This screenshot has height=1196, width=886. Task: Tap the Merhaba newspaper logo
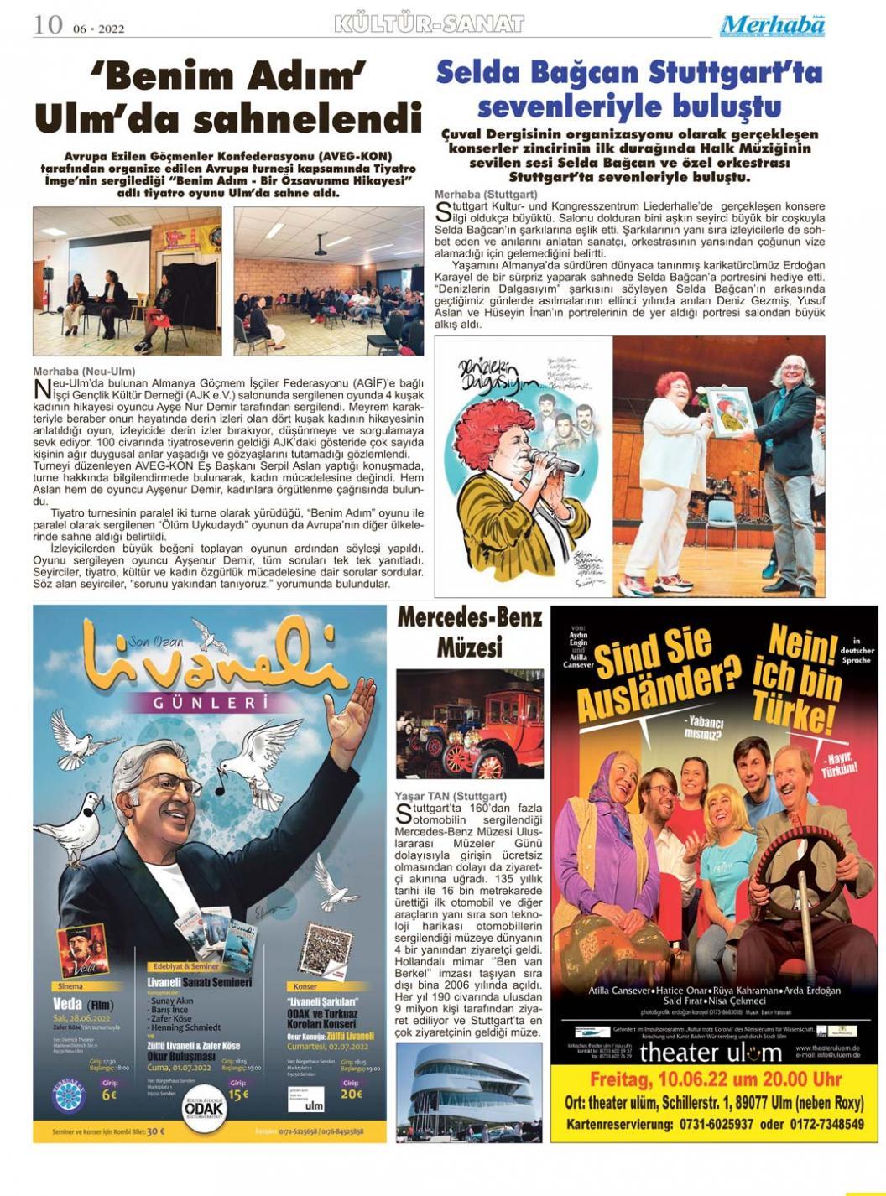pos(772,25)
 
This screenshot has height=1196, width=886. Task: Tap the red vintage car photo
pos(469,723)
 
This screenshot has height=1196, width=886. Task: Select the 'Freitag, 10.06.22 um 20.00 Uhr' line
pos(715,1079)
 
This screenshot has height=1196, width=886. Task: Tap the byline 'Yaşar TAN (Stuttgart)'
pos(451,796)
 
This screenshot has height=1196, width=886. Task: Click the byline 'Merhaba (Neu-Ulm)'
pos(84,371)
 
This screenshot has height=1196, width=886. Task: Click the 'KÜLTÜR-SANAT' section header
pos(429,23)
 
